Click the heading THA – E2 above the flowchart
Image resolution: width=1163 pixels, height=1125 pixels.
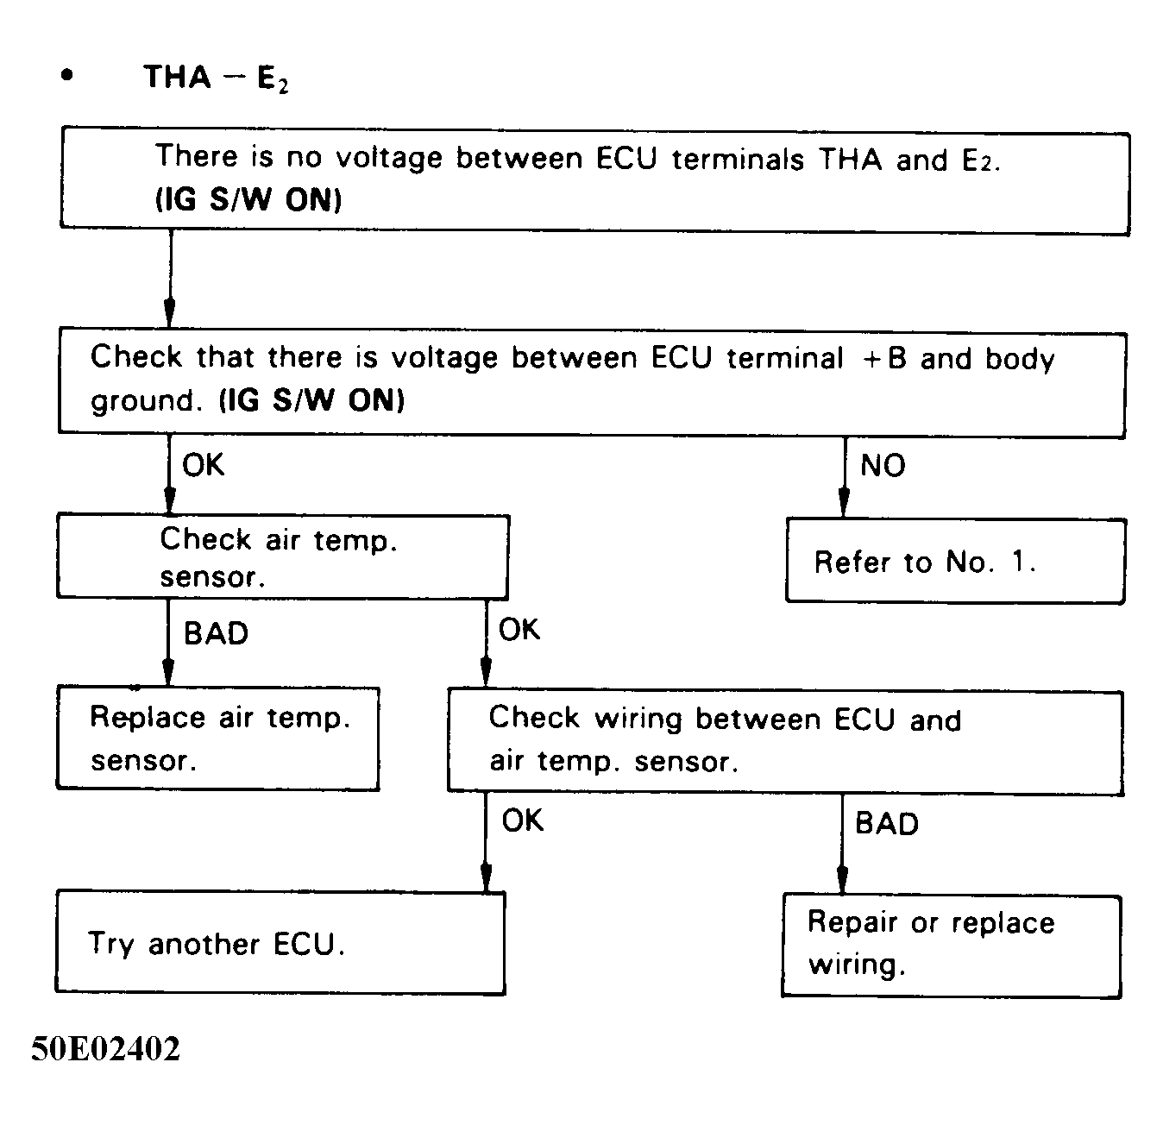pyautogui.click(x=216, y=78)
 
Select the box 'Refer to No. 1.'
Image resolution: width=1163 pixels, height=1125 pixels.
pyautogui.click(x=955, y=562)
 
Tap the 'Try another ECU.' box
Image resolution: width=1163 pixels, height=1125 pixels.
pyautogui.click(x=280, y=943)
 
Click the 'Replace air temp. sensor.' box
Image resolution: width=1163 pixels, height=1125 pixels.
pyautogui.click(x=217, y=738)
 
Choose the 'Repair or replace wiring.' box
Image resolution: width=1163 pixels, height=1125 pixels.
pyautogui.click(x=951, y=946)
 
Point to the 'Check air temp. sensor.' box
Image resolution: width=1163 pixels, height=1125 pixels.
pyautogui.click(x=282, y=556)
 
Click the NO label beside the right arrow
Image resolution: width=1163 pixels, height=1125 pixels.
pyautogui.click(x=883, y=466)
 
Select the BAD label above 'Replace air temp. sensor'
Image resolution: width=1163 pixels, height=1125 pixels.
pyautogui.click(x=216, y=633)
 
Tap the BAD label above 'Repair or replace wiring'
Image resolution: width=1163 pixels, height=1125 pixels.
pyautogui.click(x=886, y=823)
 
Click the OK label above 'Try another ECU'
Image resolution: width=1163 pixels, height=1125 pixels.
pyautogui.click(x=523, y=820)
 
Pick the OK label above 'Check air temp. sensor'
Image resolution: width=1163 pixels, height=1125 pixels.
pyautogui.click(x=204, y=465)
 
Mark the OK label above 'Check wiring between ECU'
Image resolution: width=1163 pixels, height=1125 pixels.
pyautogui.click(x=519, y=630)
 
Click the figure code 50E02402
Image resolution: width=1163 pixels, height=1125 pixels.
pyautogui.click(x=106, y=1050)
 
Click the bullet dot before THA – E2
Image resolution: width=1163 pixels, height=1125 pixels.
pyautogui.click(x=67, y=76)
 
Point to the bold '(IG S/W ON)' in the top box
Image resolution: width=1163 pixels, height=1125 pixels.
pyautogui.click(x=248, y=200)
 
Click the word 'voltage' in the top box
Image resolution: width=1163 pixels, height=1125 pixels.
pyautogui.click(x=389, y=158)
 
